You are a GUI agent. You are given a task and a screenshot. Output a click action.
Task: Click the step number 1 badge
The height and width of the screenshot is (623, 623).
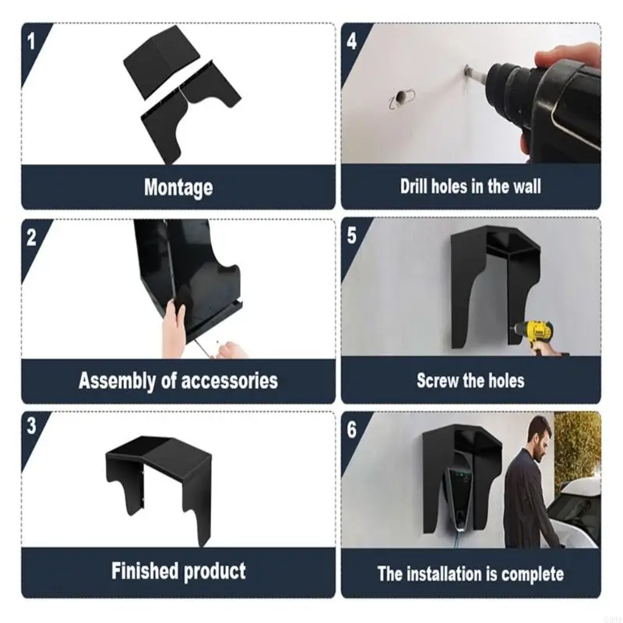coord(31,41)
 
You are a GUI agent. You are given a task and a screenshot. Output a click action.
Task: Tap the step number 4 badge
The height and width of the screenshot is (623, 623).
coord(352,41)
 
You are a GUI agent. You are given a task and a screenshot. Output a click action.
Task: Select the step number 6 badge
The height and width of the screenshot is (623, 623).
coord(352,429)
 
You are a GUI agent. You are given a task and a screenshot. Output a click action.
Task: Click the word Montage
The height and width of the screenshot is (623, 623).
coord(178,188)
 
